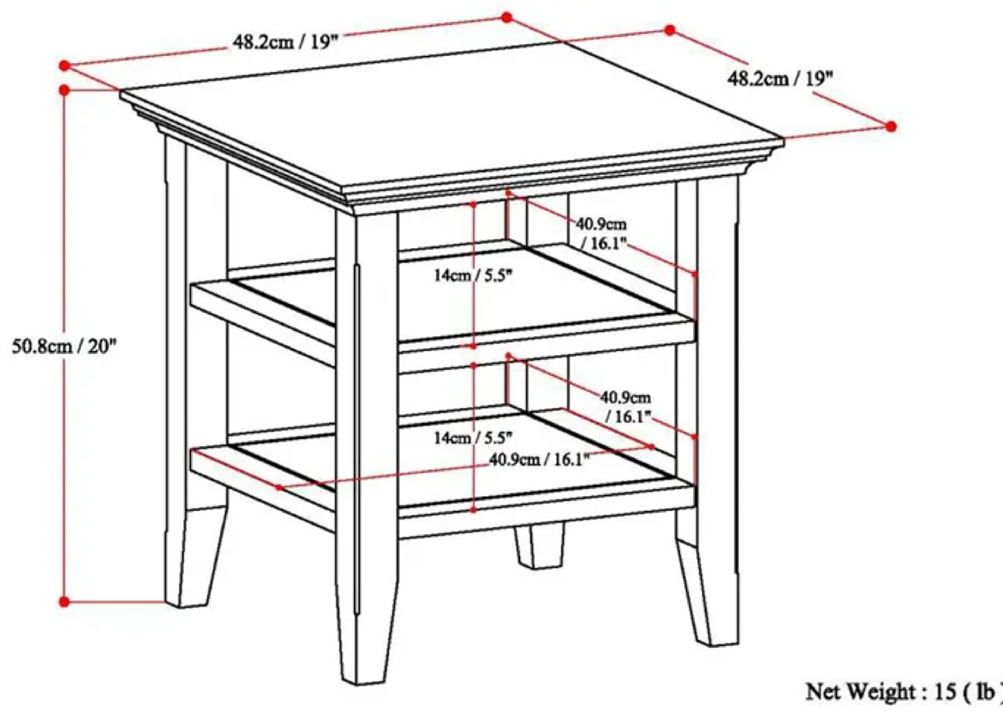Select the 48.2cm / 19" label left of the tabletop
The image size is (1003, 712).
(x=285, y=43)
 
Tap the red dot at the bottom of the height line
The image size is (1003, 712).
(x=64, y=602)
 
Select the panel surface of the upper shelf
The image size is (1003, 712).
(x=460, y=298)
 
